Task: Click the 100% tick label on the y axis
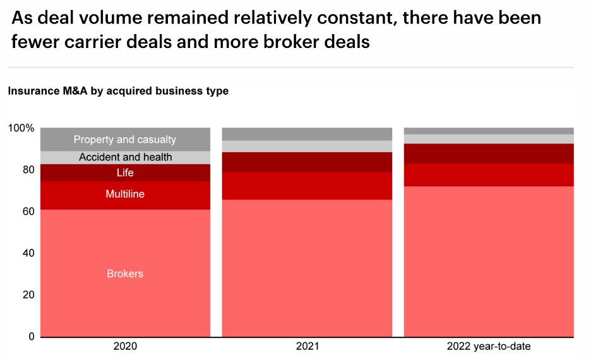(21, 128)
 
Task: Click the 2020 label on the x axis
(125, 347)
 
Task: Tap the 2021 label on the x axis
(307, 347)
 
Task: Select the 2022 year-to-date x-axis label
(489, 347)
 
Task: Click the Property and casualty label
(125, 140)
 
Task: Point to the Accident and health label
(125, 157)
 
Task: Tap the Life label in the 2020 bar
(125, 173)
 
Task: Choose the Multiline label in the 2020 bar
(125, 195)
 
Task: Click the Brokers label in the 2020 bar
(125, 274)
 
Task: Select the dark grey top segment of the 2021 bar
(307, 134)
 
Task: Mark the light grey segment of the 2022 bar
(489, 139)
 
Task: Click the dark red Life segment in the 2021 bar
(307, 162)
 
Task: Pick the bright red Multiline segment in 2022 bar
(489, 175)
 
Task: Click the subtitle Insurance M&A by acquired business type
(118, 91)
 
